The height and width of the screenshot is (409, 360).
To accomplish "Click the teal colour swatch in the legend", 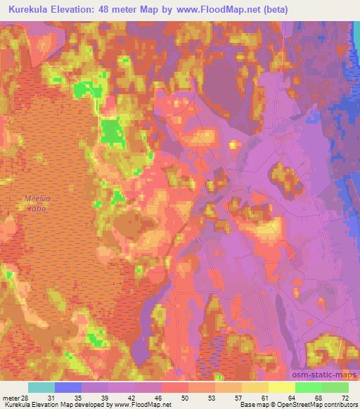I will [x=41, y=387].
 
